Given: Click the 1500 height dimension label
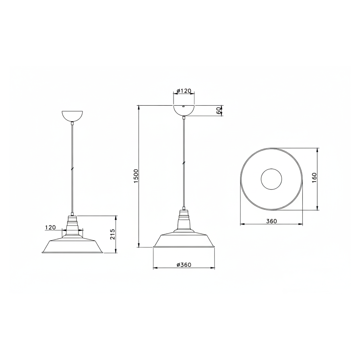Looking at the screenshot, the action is tap(136, 176).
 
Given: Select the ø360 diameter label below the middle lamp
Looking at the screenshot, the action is tap(184, 265).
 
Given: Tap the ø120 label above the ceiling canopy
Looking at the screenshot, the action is tap(184, 91).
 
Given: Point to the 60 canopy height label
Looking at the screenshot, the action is tap(219, 110).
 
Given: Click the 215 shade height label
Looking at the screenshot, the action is tap(113, 234).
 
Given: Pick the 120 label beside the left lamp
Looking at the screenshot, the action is tap(51, 228).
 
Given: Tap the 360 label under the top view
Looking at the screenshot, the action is tap(272, 221).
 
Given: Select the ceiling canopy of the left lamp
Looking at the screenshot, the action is tap(72, 116).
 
